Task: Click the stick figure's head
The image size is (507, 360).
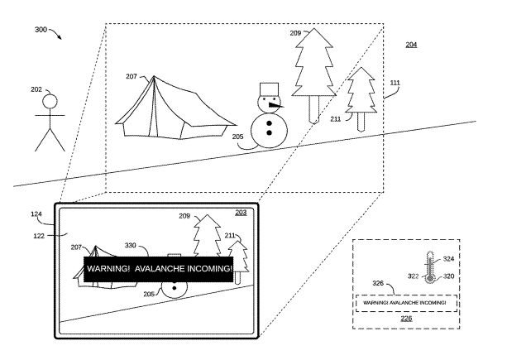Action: point(50,101)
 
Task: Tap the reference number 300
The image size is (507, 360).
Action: point(41,30)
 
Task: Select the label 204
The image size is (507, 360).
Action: point(411,45)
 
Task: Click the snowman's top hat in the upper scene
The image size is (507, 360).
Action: point(269,89)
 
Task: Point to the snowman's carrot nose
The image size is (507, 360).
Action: point(275,105)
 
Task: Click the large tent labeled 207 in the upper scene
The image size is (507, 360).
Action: point(175,108)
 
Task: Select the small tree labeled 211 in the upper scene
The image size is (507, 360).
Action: point(361,99)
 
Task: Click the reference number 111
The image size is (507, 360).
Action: point(395,83)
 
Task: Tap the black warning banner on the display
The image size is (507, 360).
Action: point(159,269)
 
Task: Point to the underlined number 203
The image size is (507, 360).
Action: point(241,213)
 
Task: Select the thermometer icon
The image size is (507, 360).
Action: point(430,267)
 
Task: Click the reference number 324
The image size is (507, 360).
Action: point(448,259)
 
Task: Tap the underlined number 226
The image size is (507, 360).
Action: point(406,319)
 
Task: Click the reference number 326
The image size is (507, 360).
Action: point(378,283)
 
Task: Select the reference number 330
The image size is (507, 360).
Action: point(131,246)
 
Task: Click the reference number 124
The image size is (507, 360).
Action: point(36,214)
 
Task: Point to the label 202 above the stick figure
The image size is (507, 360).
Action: point(36,89)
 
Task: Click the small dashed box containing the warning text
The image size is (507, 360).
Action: point(406,303)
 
